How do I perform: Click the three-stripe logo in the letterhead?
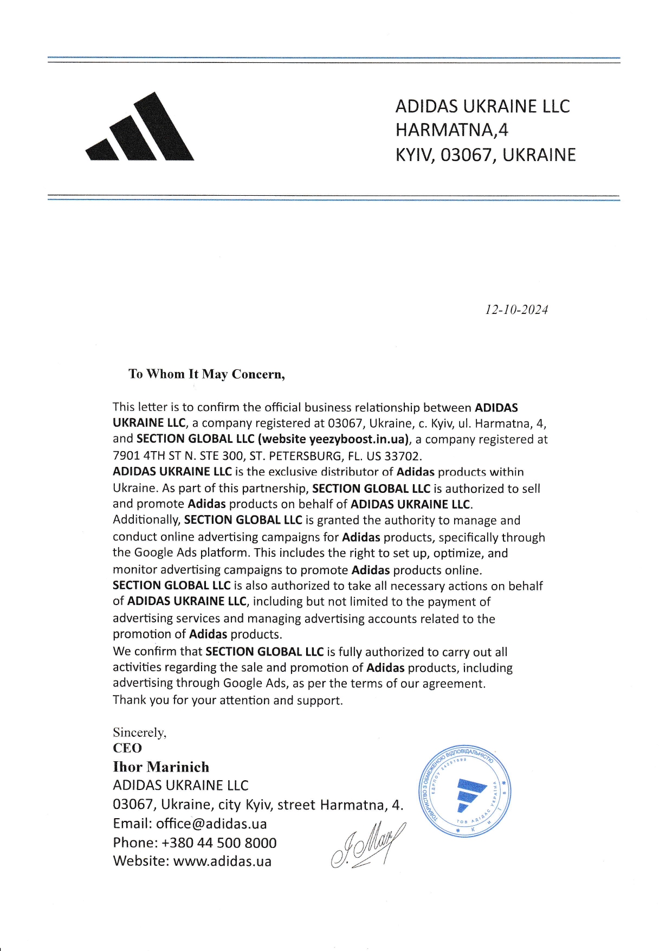tap(140, 130)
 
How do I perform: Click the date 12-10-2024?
tap(516, 310)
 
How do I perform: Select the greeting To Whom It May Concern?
tap(206, 374)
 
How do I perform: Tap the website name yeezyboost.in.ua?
tap(358, 439)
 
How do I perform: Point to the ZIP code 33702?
tap(403, 455)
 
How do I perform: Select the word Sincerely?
tap(139, 732)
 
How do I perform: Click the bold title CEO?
tap(127, 748)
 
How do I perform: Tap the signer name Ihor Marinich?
tap(161, 767)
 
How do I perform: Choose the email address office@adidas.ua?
tap(211, 824)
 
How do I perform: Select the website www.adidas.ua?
tap(222, 862)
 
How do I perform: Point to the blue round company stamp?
tap(466, 791)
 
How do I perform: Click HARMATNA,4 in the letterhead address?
tap(452, 130)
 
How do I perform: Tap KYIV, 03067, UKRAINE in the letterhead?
tap(485, 155)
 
